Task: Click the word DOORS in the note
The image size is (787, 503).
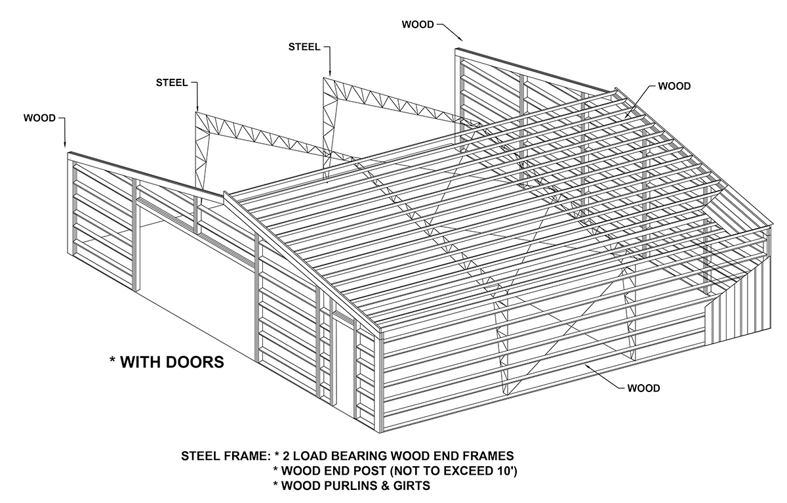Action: (192, 362)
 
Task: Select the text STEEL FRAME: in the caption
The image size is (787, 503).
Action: (225, 456)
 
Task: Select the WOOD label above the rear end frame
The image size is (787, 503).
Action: (417, 25)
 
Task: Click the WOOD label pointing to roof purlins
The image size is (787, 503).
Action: (674, 86)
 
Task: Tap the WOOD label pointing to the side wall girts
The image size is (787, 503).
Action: (643, 388)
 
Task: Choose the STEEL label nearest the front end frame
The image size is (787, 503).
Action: (172, 83)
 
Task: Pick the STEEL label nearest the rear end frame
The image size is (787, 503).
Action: (304, 47)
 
